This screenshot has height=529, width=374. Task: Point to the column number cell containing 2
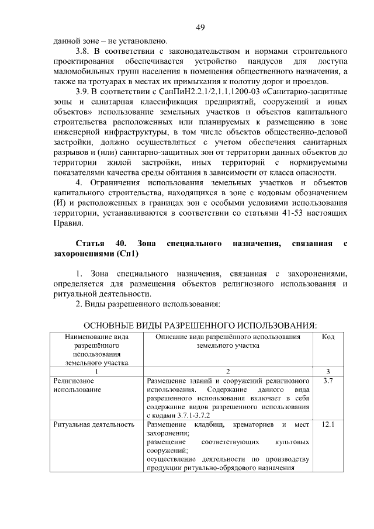[x=228, y=371]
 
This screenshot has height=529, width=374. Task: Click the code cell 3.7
[x=328, y=381]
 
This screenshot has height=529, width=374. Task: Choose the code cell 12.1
[x=328, y=424]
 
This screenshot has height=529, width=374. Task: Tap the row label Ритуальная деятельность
[x=93, y=424]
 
